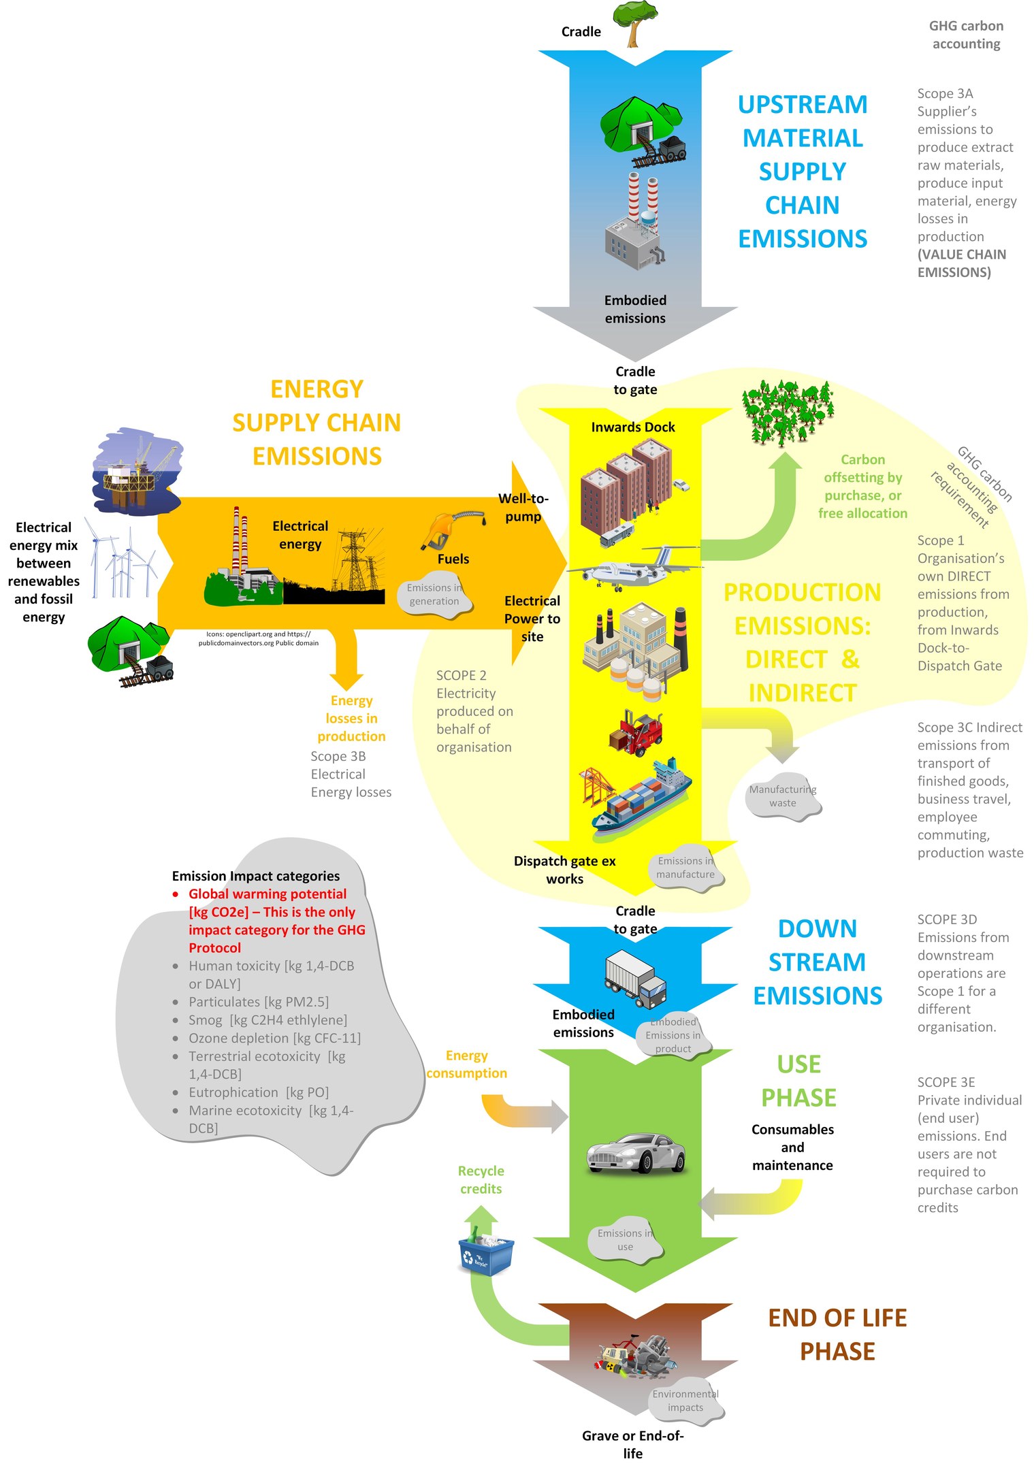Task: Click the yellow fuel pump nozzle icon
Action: pos(449,529)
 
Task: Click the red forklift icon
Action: pos(636,732)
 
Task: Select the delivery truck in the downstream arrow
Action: pos(635,979)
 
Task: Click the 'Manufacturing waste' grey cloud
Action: pos(783,796)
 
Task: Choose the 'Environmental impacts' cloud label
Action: pos(685,1401)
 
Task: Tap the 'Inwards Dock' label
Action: pos(633,427)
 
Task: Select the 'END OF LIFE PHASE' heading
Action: pos(837,1335)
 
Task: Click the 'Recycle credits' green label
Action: pos(481,1180)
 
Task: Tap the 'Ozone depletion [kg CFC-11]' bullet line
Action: pos(274,1038)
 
